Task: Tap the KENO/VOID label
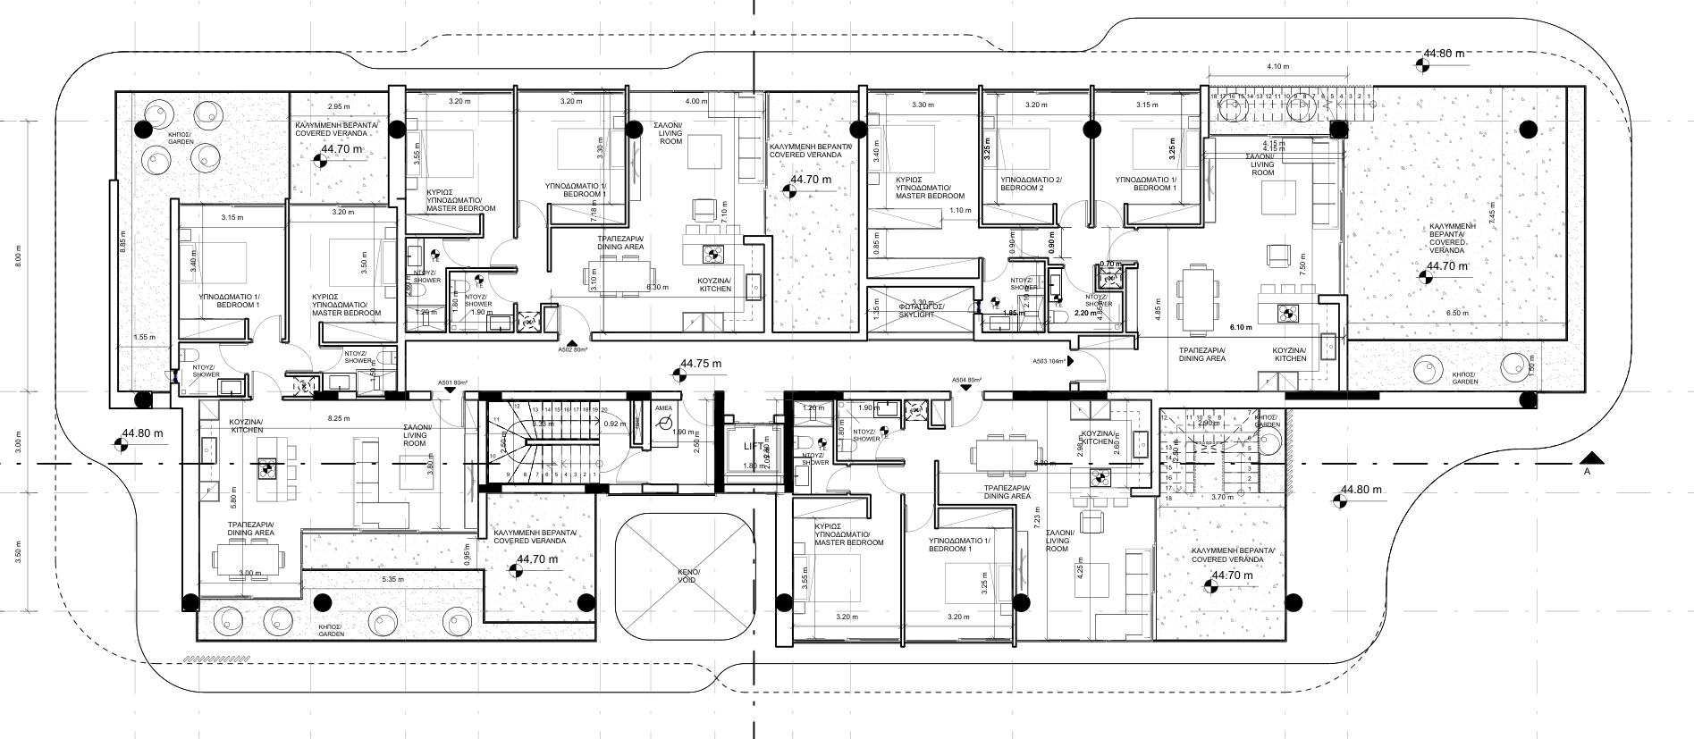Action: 687,575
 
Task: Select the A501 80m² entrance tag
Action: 453,383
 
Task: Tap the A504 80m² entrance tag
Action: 966,381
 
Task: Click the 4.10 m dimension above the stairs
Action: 1277,66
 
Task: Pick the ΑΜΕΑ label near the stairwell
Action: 662,407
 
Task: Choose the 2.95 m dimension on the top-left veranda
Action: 338,106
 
